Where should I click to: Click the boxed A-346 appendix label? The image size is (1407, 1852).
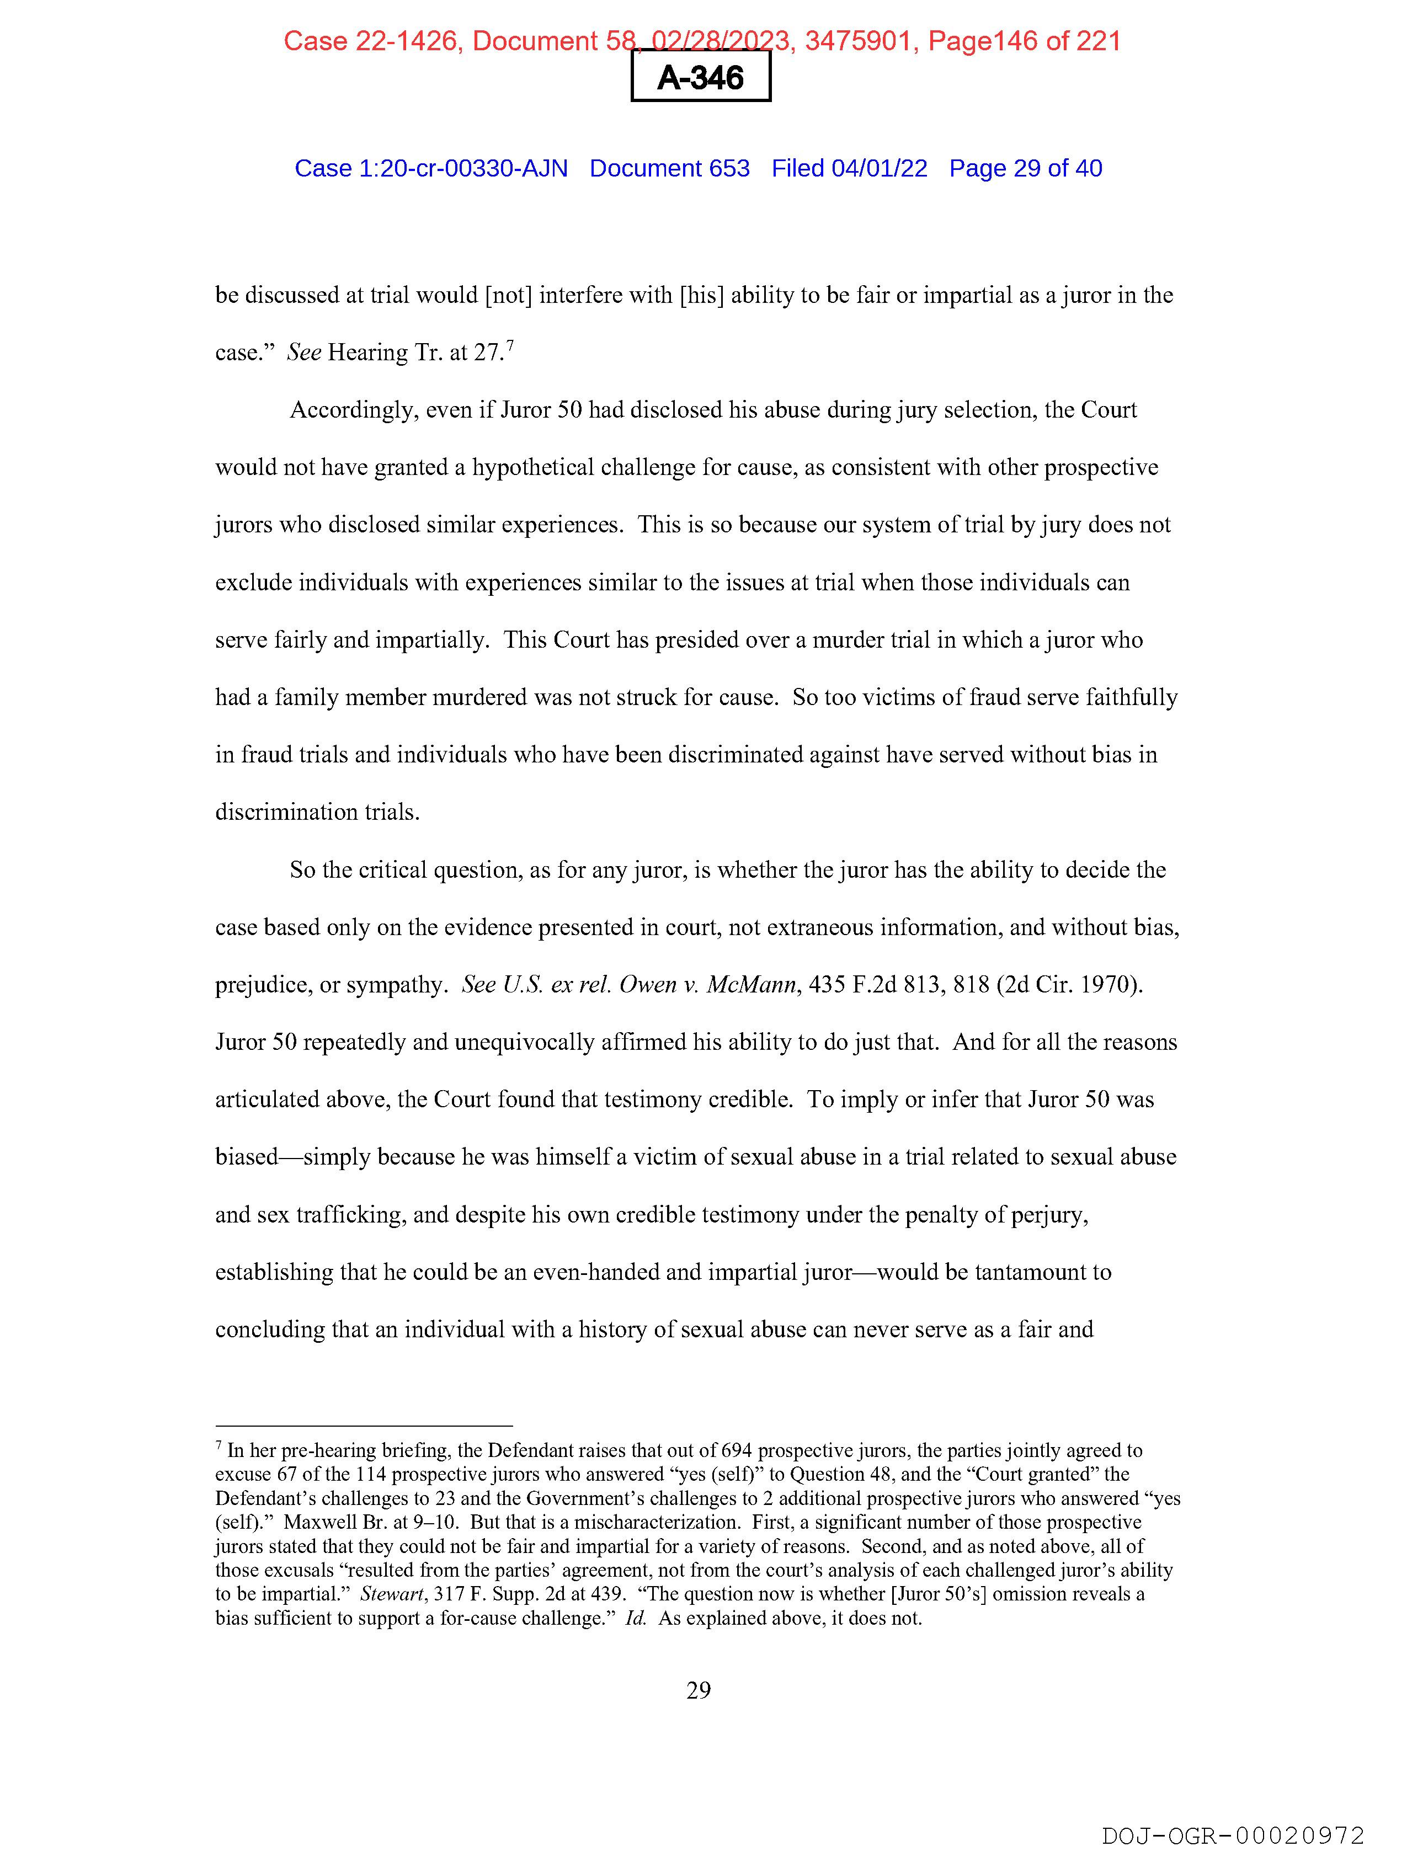pyautogui.click(x=700, y=78)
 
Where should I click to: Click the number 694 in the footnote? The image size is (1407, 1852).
pyautogui.click(x=737, y=1451)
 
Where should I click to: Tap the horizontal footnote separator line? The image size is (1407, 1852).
pyautogui.click(x=364, y=1426)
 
